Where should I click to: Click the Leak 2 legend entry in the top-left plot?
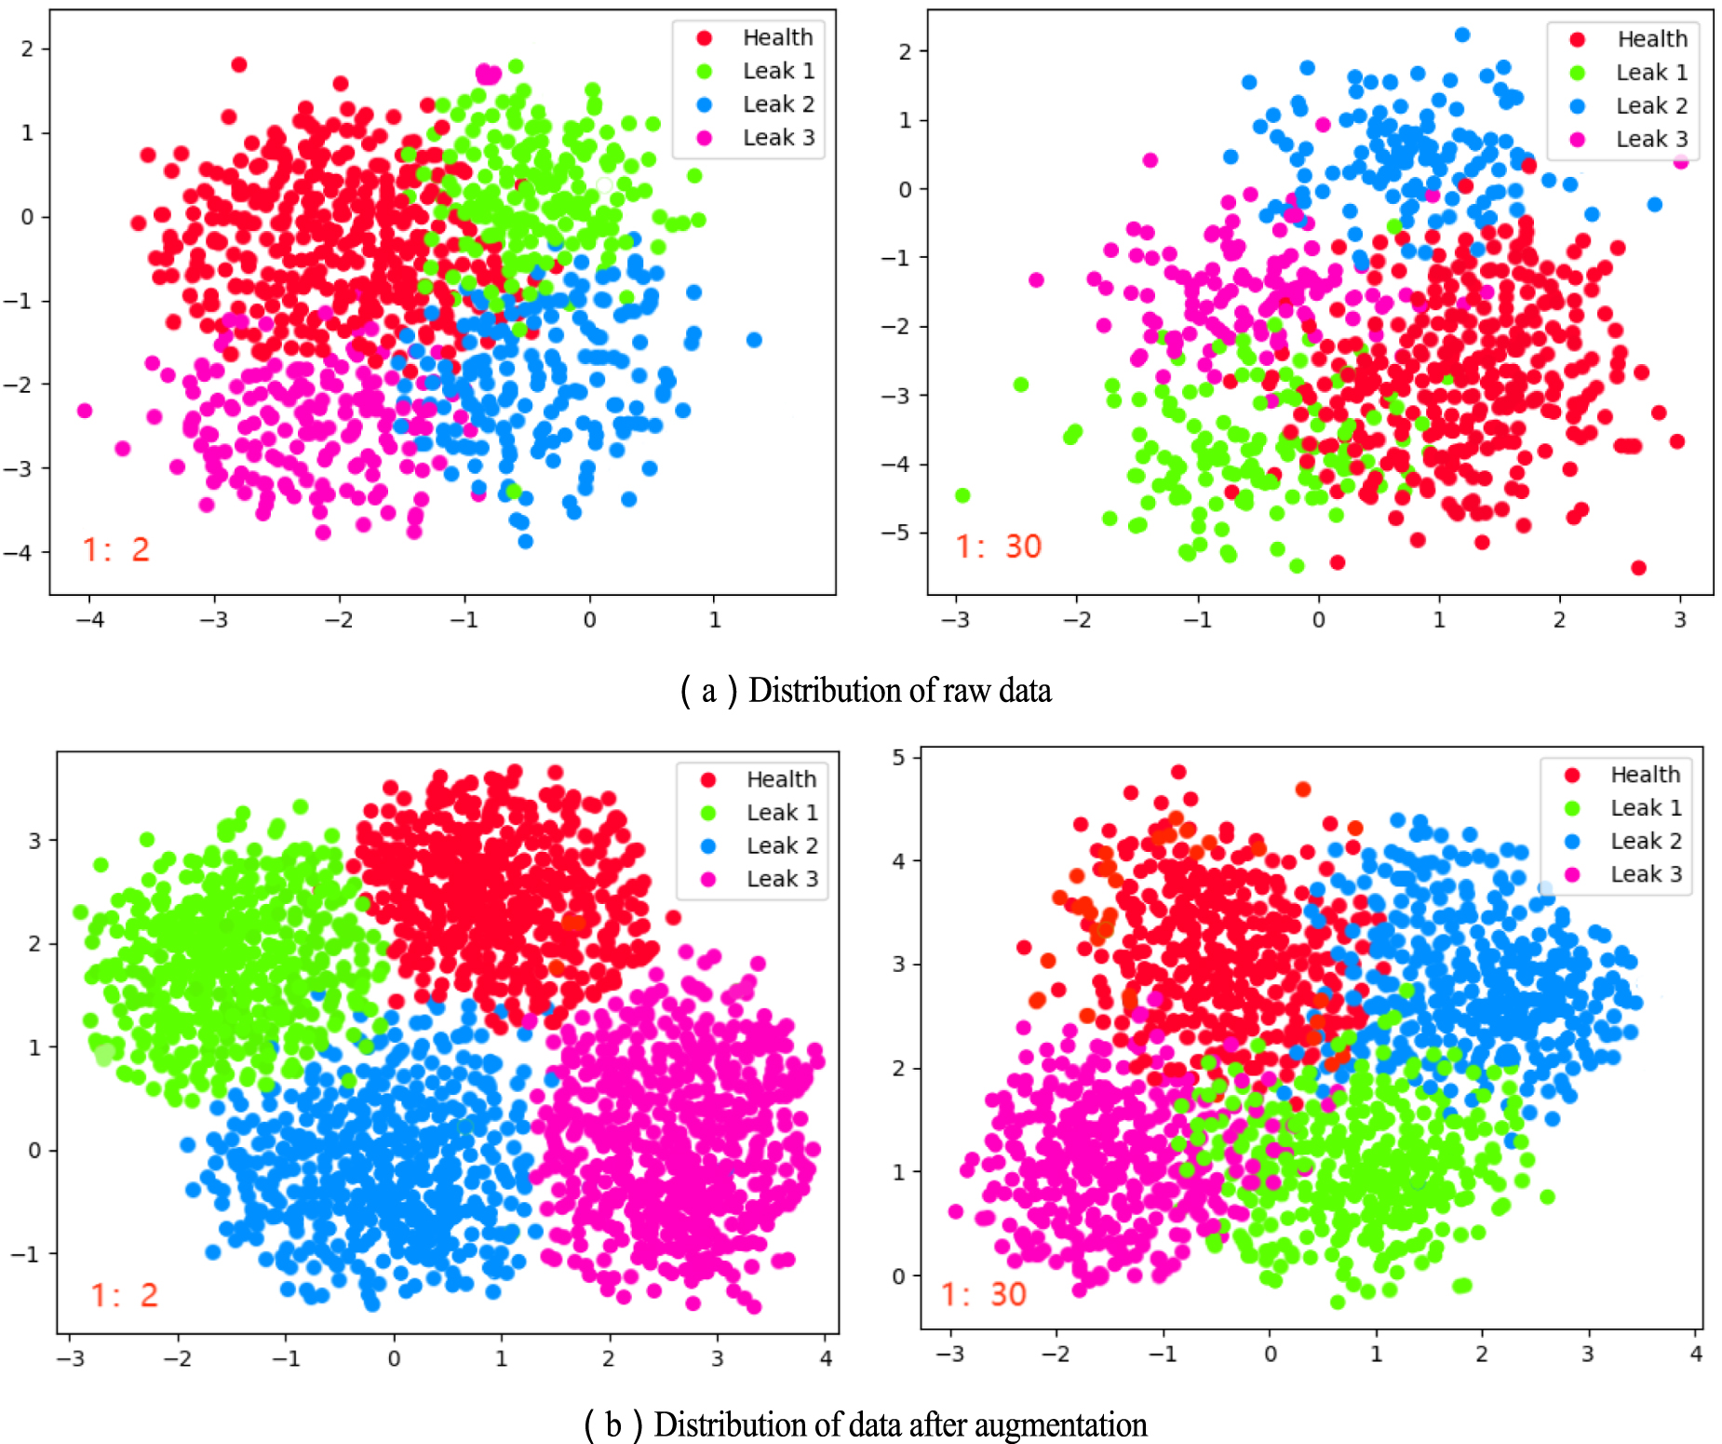tap(777, 104)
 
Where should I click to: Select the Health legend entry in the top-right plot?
tap(1651, 39)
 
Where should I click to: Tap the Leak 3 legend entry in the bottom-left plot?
tap(781, 879)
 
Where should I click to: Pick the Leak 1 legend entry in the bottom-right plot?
tap(1645, 808)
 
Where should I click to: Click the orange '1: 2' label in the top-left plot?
tap(115, 549)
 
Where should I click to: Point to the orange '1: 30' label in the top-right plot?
tap(998, 547)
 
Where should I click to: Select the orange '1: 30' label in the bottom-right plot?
tap(983, 1294)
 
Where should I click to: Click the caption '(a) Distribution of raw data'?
tap(866, 691)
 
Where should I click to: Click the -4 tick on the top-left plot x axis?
tap(89, 620)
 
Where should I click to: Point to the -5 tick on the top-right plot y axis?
tap(895, 533)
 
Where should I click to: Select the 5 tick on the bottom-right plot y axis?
tap(898, 757)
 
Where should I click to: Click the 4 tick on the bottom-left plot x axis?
tap(826, 1358)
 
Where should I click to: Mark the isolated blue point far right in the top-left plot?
tap(754, 340)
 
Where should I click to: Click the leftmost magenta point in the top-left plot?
tap(85, 411)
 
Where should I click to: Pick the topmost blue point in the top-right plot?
tap(1462, 35)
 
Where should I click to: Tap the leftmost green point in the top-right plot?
tap(962, 495)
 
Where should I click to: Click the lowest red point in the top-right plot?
tap(1638, 567)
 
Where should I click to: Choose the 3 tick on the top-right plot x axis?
tap(1679, 620)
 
